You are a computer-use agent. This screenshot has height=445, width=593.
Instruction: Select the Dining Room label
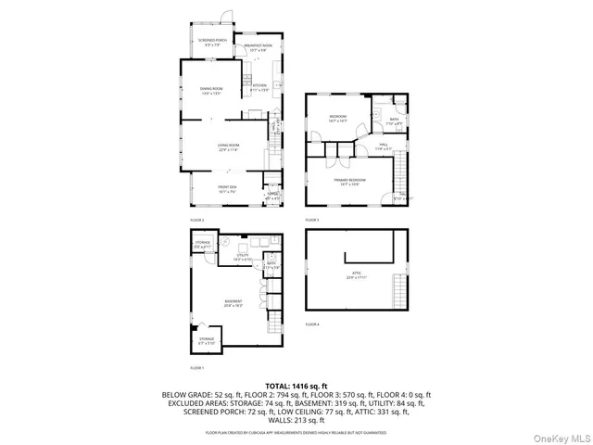click(211, 89)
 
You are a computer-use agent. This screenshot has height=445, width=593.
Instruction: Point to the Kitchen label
click(259, 86)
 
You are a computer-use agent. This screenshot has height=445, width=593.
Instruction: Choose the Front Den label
click(227, 189)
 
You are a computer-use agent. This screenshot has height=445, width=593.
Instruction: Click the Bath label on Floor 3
click(393, 119)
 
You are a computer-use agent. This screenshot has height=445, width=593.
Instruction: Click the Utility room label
click(242, 255)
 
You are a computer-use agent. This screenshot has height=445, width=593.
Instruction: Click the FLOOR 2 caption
click(196, 220)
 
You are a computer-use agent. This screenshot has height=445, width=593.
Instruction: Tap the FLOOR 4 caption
click(312, 324)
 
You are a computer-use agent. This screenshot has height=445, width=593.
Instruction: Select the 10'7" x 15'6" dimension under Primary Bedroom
click(351, 184)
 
